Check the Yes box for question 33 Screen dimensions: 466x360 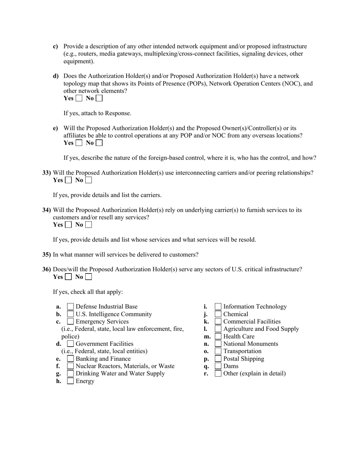[x=68, y=180]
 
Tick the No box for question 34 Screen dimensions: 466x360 [x=88, y=225]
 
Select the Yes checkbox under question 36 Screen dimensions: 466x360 [x=68, y=277]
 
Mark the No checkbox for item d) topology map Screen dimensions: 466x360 [x=99, y=99]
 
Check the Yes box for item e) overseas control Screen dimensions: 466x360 [x=79, y=143]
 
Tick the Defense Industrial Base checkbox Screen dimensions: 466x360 [x=70, y=306]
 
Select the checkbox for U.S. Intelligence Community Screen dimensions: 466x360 [x=70, y=314]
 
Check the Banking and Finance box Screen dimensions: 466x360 [x=70, y=359]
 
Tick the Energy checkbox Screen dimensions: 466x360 [x=70, y=381]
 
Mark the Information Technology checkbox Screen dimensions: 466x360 [x=218, y=306]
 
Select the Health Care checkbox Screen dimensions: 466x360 [x=218, y=336]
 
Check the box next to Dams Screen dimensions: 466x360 [x=218, y=366]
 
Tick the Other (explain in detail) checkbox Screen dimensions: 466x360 [x=218, y=374]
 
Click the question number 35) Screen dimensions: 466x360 [x=47, y=255]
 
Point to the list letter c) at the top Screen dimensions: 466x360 [x=56, y=47]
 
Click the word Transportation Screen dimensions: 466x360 [x=242, y=351]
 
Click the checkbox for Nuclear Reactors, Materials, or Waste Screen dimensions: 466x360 [x=70, y=366]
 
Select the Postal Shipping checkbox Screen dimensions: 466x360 [x=218, y=359]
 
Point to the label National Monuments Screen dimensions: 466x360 [x=250, y=344]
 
